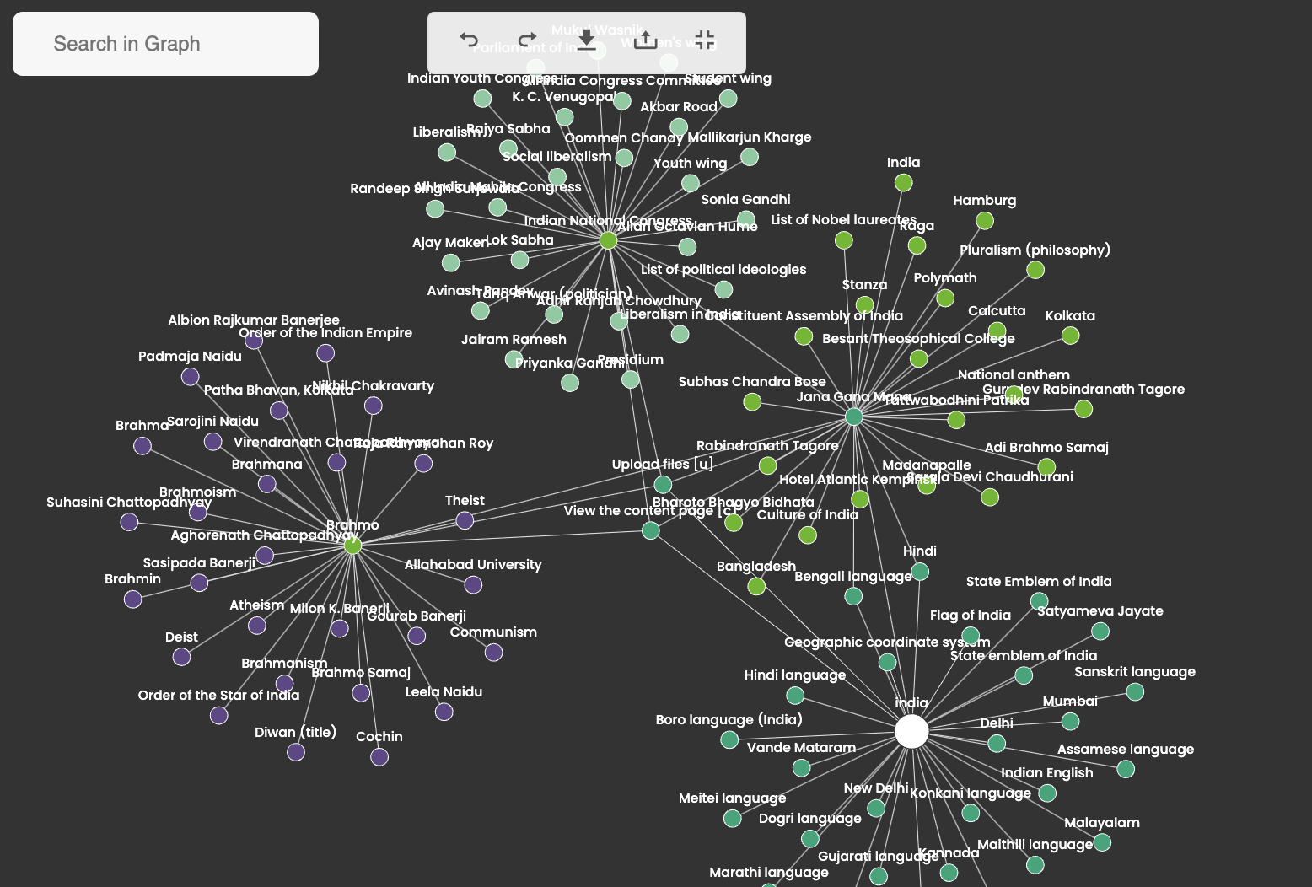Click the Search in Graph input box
pos(165,44)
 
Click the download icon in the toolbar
pos(587,40)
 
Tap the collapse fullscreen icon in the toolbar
pos(705,40)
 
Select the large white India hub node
pos(911,732)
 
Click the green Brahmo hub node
pos(352,546)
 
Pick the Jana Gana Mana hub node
pos(854,417)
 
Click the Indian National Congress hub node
pos(608,241)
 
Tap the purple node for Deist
pos(181,657)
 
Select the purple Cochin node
pos(379,757)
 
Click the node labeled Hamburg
pos(985,221)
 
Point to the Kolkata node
pos(1071,336)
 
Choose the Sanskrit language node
pos(1135,692)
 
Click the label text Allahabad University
pos(473,565)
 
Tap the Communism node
pos(494,653)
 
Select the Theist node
pos(465,521)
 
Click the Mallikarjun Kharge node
pos(750,157)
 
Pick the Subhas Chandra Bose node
pos(752,402)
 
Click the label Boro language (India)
pos(729,720)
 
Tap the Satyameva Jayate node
pos(1100,632)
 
